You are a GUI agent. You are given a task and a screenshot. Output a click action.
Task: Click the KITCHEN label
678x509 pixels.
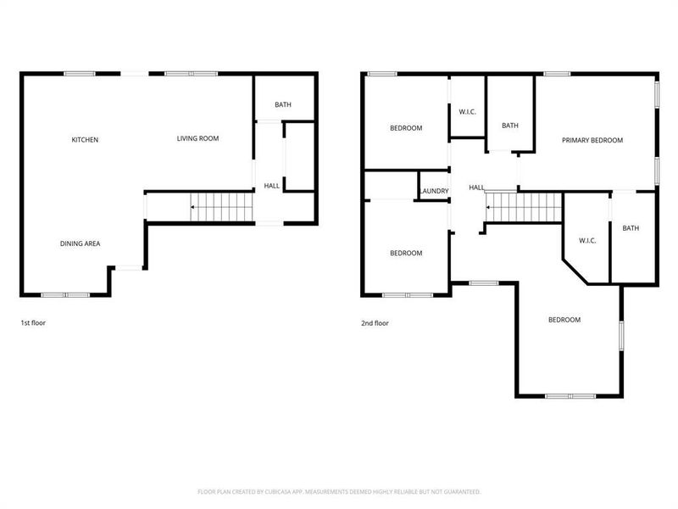click(x=85, y=139)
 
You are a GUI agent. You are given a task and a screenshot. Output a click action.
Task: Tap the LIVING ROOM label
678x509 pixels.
click(x=197, y=138)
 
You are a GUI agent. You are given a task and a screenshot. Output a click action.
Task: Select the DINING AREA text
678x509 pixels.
click(x=80, y=243)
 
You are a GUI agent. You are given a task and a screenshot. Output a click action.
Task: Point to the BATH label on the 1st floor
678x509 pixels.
click(x=282, y=105)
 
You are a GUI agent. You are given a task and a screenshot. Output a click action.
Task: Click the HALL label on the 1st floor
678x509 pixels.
click(x=271, y=186)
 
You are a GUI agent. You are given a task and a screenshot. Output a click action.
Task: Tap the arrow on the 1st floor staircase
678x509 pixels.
click(x=192, y=206)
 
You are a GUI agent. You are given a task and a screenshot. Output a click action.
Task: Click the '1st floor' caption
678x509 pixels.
click(x=33, y=323)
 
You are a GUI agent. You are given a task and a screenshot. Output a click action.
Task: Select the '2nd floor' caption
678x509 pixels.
click(x=375, y=323)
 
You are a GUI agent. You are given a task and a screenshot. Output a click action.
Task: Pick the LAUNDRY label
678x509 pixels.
click(x=433, y=192)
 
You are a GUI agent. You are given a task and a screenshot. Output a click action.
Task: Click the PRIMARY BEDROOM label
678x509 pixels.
click(x=592, y=140)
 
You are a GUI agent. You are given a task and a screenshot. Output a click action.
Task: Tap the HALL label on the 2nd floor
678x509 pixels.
click(x=476, y=187)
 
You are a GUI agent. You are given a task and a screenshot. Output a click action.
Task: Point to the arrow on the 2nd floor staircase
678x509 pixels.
click(x=489, y=206)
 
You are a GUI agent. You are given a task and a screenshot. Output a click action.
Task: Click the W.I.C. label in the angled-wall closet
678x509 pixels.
click(x=587, y=241)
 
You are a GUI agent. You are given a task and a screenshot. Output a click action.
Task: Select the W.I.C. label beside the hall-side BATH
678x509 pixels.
click(x=466, y=111)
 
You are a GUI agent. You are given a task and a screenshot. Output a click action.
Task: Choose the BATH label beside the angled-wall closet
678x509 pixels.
click(x=631, y=228)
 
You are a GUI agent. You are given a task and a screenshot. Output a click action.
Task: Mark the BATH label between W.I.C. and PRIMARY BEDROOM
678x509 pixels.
click(x=509, y=126)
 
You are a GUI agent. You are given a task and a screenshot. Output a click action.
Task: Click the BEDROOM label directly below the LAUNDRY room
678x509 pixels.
click(x=405, y=253)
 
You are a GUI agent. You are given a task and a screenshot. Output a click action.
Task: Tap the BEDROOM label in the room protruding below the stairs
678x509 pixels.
click(x=564, y=320)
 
